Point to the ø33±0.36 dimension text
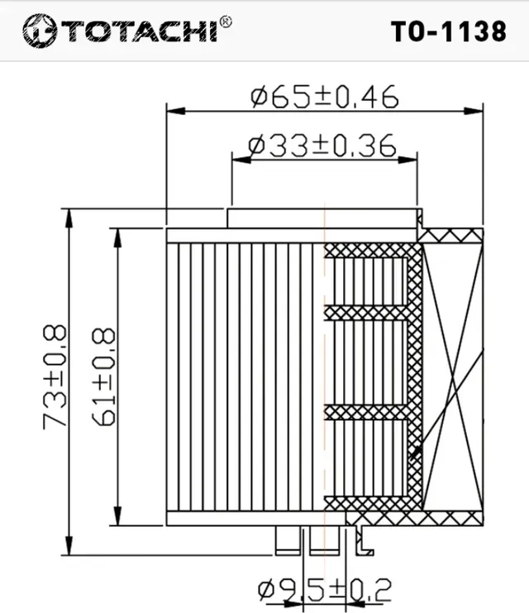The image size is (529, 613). tap(322, 146)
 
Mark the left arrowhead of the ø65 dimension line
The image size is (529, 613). tap(174, 109)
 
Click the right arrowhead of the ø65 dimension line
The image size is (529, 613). tap(476, 109)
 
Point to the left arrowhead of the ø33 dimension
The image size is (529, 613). tap(238, 160)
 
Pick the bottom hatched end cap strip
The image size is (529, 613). tap(372, 504)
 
